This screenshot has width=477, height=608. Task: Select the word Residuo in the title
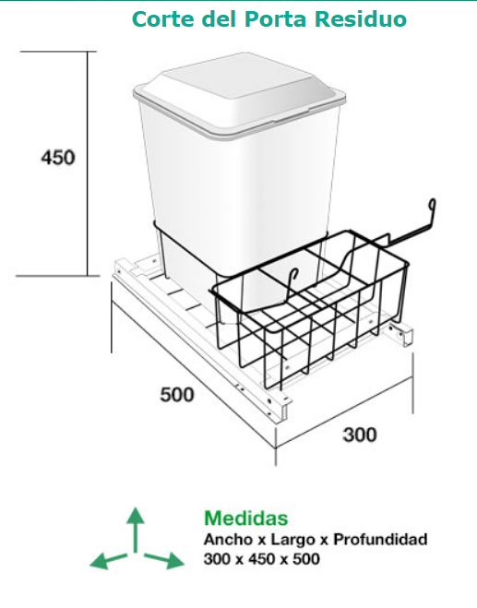coord(361,19)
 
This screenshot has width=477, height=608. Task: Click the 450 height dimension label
coord(58,158)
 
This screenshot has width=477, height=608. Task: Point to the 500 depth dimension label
coord(177,395)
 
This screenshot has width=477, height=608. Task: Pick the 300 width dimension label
coord(360,435)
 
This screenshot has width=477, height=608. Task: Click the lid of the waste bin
coord(239,95)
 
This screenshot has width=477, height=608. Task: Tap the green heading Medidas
coord(246,519)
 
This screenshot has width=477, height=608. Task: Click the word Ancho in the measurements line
coord(228,540)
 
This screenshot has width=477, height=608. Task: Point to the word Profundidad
coord(380,540)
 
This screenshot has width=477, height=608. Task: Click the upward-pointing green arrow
coord(136,530)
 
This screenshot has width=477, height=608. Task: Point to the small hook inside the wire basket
coord(292,285)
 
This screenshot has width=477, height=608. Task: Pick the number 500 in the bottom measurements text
coord(306,559)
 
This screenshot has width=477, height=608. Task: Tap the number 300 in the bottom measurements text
coord(218,559)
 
